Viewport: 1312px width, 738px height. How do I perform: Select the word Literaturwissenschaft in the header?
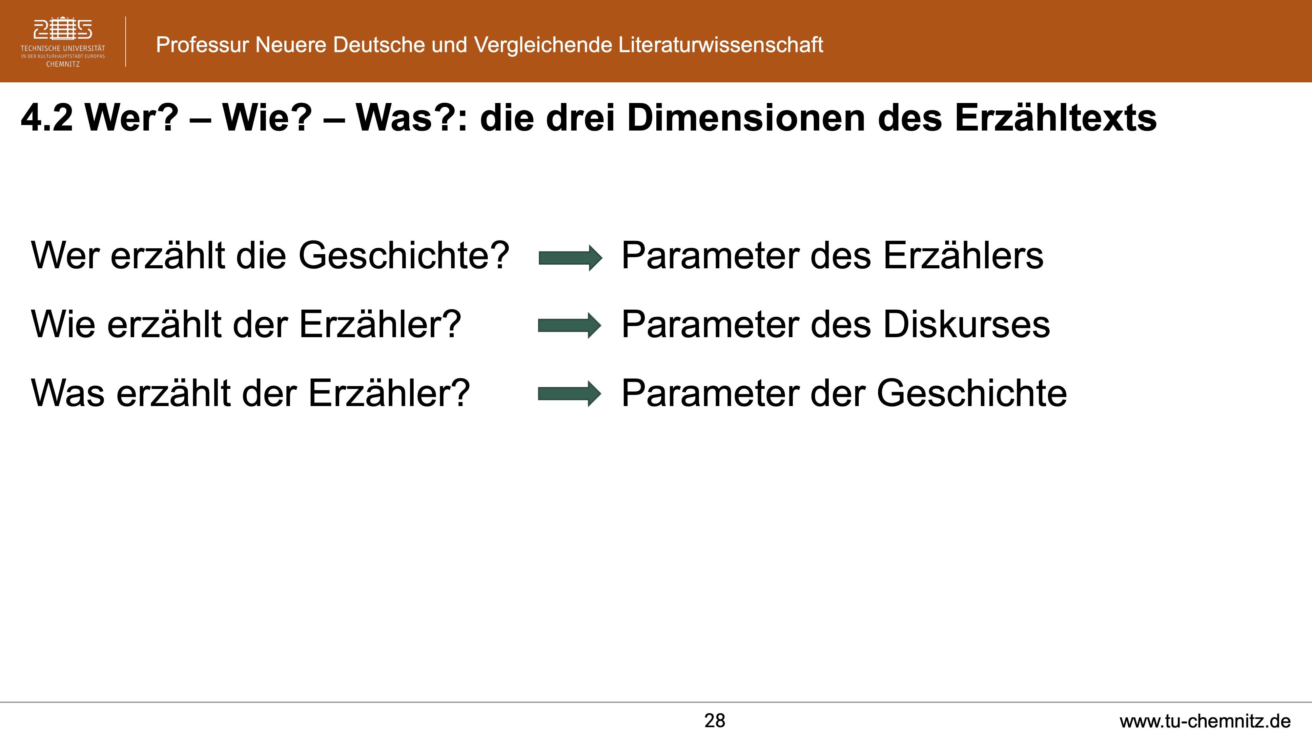click(x=721, y=45)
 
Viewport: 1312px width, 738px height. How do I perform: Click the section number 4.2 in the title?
click(x=47, y=118)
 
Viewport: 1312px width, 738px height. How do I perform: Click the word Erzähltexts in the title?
click(x=1055, y=118)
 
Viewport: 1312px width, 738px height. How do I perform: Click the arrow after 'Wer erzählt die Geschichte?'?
click(x=570, y=258)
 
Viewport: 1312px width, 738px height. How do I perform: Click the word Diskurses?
click(x=966, y=324)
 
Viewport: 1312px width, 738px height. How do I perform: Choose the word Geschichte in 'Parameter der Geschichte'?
click(x=972, y=393)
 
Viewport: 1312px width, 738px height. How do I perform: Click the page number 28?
click(x=715, y=721)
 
